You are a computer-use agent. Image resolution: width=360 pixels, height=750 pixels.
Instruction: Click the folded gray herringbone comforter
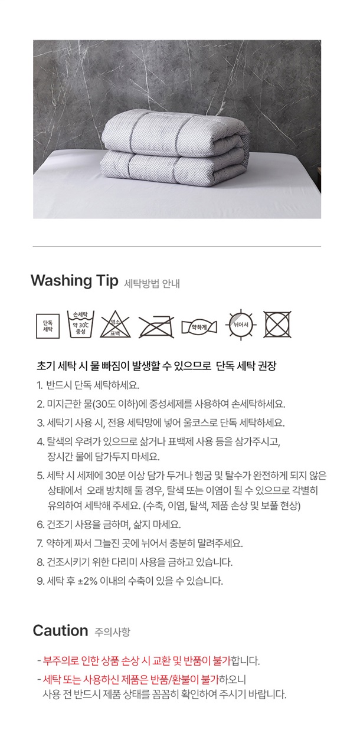(175, 148)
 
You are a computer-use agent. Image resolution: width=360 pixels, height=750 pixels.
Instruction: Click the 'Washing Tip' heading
(74, 280)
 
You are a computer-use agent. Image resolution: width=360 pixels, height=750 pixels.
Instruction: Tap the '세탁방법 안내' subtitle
(152, 284)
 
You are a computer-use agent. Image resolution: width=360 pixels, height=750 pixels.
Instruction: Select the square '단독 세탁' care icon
(48, 326)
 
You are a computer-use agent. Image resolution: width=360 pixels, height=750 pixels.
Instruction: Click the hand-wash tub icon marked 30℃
(81, 324)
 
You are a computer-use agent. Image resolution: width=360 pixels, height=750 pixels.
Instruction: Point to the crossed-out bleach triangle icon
(116, 324)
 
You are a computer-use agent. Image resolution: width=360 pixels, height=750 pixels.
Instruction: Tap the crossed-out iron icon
(156, 326)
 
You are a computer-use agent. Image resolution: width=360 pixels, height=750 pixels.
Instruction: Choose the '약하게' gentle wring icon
(199, 327)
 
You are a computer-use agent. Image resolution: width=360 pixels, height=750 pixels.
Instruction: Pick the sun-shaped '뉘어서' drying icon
(241, 325)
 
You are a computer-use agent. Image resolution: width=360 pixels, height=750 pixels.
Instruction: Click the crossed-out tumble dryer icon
(277, 325)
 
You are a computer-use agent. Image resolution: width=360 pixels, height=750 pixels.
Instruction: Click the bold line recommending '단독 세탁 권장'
(156, 366)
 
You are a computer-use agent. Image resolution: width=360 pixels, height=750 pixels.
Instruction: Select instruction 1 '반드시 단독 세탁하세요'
(88, 385)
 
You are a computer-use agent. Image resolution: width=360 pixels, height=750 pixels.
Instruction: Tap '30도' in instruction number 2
(106, 404)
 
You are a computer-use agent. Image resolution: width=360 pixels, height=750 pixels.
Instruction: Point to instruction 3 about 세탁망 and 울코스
(161, 423)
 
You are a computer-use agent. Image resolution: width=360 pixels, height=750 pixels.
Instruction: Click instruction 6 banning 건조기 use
(109, 525)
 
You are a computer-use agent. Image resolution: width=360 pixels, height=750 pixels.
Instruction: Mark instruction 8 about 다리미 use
(135, 562)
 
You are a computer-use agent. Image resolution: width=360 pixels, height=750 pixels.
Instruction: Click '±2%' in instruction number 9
(87, 581)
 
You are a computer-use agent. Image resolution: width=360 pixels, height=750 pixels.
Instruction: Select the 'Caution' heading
(61, 630)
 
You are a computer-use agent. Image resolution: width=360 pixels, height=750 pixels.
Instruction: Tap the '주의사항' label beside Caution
(112, 632)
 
